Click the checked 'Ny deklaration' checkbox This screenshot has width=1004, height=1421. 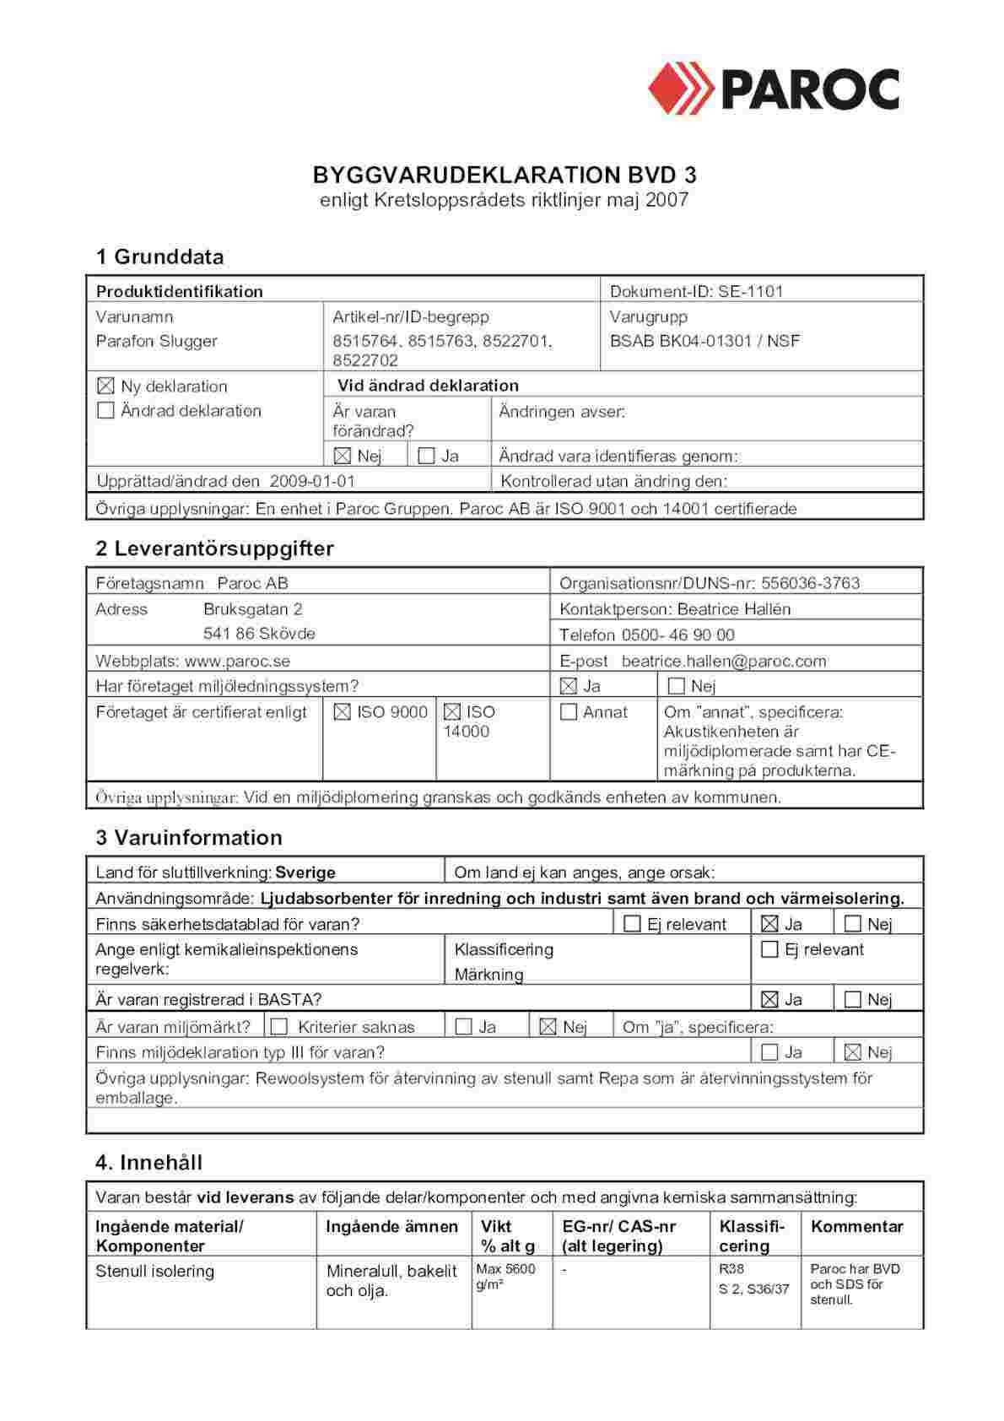(x=105, y=386)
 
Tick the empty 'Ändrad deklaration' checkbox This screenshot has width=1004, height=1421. (x=105, y=411)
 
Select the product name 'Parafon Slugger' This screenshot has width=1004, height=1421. (x=156, y=341)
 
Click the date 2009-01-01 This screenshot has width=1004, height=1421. (x=312, y=481)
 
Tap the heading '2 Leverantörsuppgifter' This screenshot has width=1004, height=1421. (x=214, y=548)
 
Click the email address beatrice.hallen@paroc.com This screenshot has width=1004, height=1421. (x=723, y=662)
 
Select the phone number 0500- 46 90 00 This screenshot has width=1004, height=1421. (x=677, y=635)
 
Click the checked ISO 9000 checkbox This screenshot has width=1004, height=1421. (x=342, y=712)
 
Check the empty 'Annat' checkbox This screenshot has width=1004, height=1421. (x=569, y=712)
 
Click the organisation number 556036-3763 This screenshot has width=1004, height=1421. (x=810, y=583)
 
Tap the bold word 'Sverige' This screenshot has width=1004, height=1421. (x=305, y=873)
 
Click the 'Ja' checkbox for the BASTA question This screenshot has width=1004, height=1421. (x=769, y=1000)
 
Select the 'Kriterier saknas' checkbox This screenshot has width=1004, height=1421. (x=280, y=1027)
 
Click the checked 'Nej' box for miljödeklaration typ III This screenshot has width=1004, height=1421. (x=853, y=1052)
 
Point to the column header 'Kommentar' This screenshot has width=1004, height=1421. (x=856, y=1227)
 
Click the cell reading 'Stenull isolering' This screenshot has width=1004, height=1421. (x=154, y=1272)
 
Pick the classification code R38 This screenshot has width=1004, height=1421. (x=731, y=1269)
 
